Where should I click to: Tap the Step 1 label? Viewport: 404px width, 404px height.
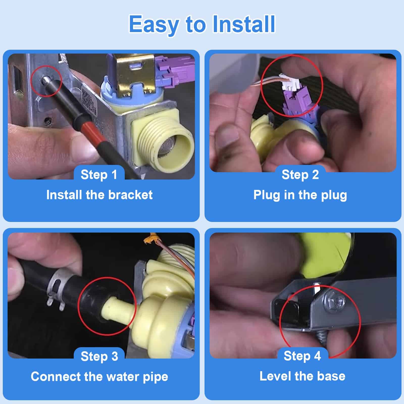(x=99, y=174)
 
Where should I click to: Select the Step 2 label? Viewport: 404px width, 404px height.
(x=300, y=174)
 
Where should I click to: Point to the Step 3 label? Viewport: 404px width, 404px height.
(x=99, y=356)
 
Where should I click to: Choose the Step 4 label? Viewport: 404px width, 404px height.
(x=302, y=356)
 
